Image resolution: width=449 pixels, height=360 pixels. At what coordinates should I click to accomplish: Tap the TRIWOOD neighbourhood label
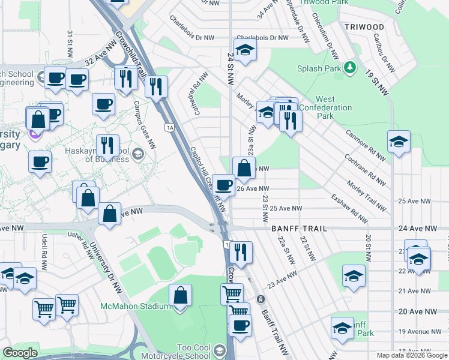[x=364, y=27]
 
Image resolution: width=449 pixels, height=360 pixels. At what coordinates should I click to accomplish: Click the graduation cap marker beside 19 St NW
[x=398, y=143]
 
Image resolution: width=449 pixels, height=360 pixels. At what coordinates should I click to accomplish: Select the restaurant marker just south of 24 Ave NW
[x=241, y=252]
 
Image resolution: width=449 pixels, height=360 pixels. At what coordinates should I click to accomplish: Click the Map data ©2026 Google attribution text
[x=412, y=355]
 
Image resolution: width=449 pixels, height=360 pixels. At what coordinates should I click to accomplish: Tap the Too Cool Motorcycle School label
[x=193, y=352]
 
